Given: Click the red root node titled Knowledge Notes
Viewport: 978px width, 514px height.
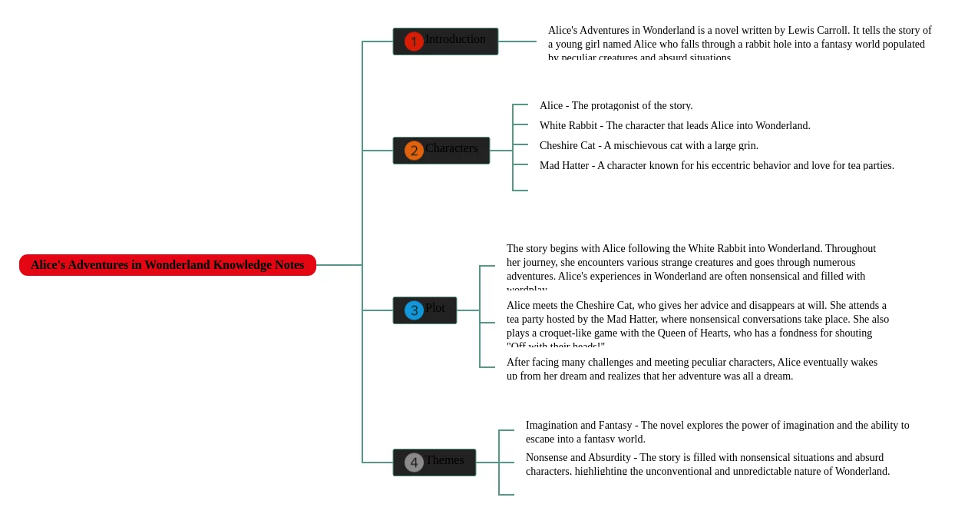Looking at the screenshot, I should [167, 265].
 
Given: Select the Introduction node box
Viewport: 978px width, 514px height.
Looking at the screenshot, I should [445, 41].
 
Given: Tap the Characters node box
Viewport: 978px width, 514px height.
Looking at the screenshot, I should [441, 151].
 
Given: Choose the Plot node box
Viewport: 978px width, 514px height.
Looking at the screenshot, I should [425, 310].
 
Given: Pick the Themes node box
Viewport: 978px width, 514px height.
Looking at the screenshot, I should [434, 463].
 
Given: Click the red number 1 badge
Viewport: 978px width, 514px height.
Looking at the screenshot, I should [414, 41].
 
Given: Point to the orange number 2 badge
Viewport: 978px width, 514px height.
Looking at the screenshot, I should [414, 151].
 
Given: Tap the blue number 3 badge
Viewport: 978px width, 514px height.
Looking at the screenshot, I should [414, 310].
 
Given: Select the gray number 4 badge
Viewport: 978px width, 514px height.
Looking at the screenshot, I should [414, 463].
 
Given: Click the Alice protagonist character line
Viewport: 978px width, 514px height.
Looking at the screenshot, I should [616, 106].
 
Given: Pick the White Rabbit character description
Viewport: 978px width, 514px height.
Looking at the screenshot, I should [675, 126].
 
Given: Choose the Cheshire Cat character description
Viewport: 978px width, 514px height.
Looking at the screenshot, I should [649, 146].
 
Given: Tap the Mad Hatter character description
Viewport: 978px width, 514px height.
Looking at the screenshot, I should [716, 166].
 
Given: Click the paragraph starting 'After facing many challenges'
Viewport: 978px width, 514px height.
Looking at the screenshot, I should [692, 369].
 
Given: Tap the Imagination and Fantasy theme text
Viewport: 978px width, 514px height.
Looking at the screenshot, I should [717, 432].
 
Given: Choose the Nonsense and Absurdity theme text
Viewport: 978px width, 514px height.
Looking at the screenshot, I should [707, 464].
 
